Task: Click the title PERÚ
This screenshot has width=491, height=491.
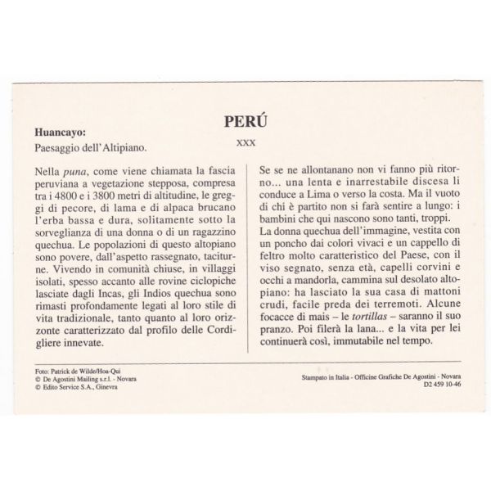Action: (x=245, y=121)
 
